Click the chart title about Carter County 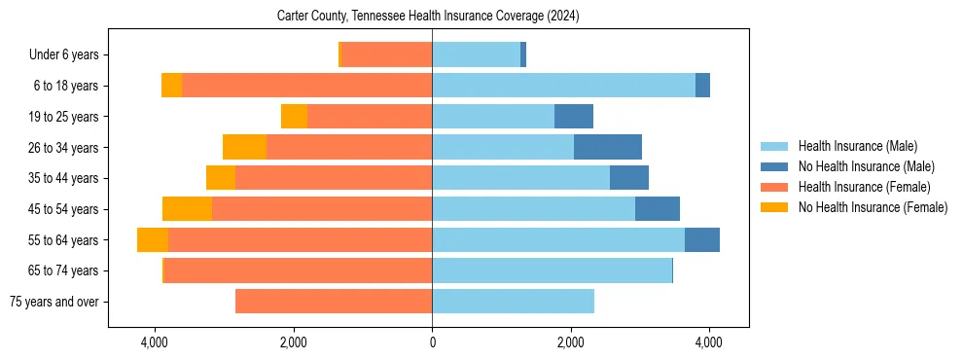click(428, 16)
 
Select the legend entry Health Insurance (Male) click(857, 146)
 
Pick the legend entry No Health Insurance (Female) click(872, 207)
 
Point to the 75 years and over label click(54, 302)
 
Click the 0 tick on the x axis click(432, 342)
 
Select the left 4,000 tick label click(155, 342)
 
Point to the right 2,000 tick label click(570, 342)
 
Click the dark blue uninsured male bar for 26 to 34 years click(608, 147)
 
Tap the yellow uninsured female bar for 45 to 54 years click(187, 209)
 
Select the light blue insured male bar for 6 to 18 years click(563, 86)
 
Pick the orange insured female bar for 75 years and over click(334, 302)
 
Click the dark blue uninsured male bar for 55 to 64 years click(702, 239)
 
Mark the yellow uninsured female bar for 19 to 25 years click(294, 117)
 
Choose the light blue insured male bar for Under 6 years click(476, 55)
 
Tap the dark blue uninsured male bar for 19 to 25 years click(574, 117)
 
